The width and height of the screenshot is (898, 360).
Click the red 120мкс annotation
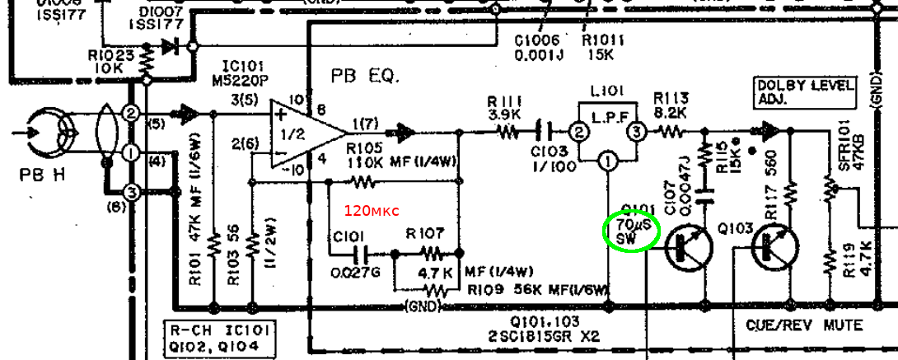pos(371,211)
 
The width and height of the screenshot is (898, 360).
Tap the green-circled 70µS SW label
pos(631,231)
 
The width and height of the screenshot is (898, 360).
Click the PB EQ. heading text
pos(365,76)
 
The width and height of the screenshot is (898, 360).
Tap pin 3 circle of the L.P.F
pos(635,131)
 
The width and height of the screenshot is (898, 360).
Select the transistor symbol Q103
pos(774,245)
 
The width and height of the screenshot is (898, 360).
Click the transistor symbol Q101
pos(689,245)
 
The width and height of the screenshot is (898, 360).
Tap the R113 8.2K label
pos(671,105)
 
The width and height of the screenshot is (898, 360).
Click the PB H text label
pos(35,175)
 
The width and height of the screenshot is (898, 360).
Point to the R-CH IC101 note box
pos(221,338)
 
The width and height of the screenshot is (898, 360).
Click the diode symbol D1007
pos(171,48)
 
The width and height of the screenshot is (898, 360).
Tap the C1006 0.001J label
pos(537,47)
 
